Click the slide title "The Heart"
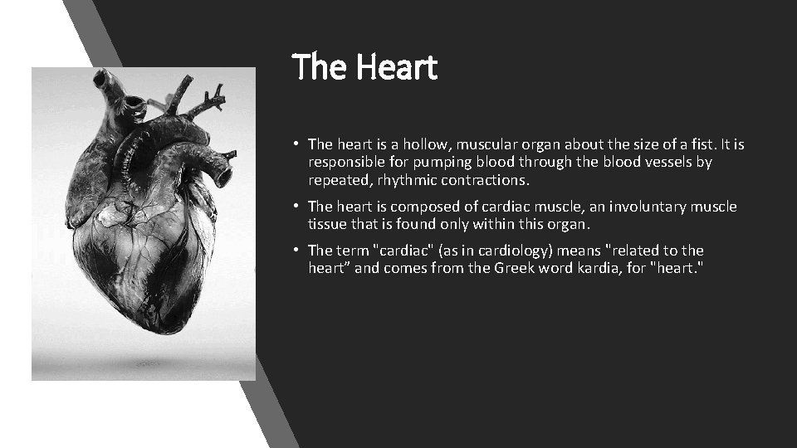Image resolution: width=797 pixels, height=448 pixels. (364, 67)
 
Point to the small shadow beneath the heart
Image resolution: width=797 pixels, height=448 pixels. (149, 363)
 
